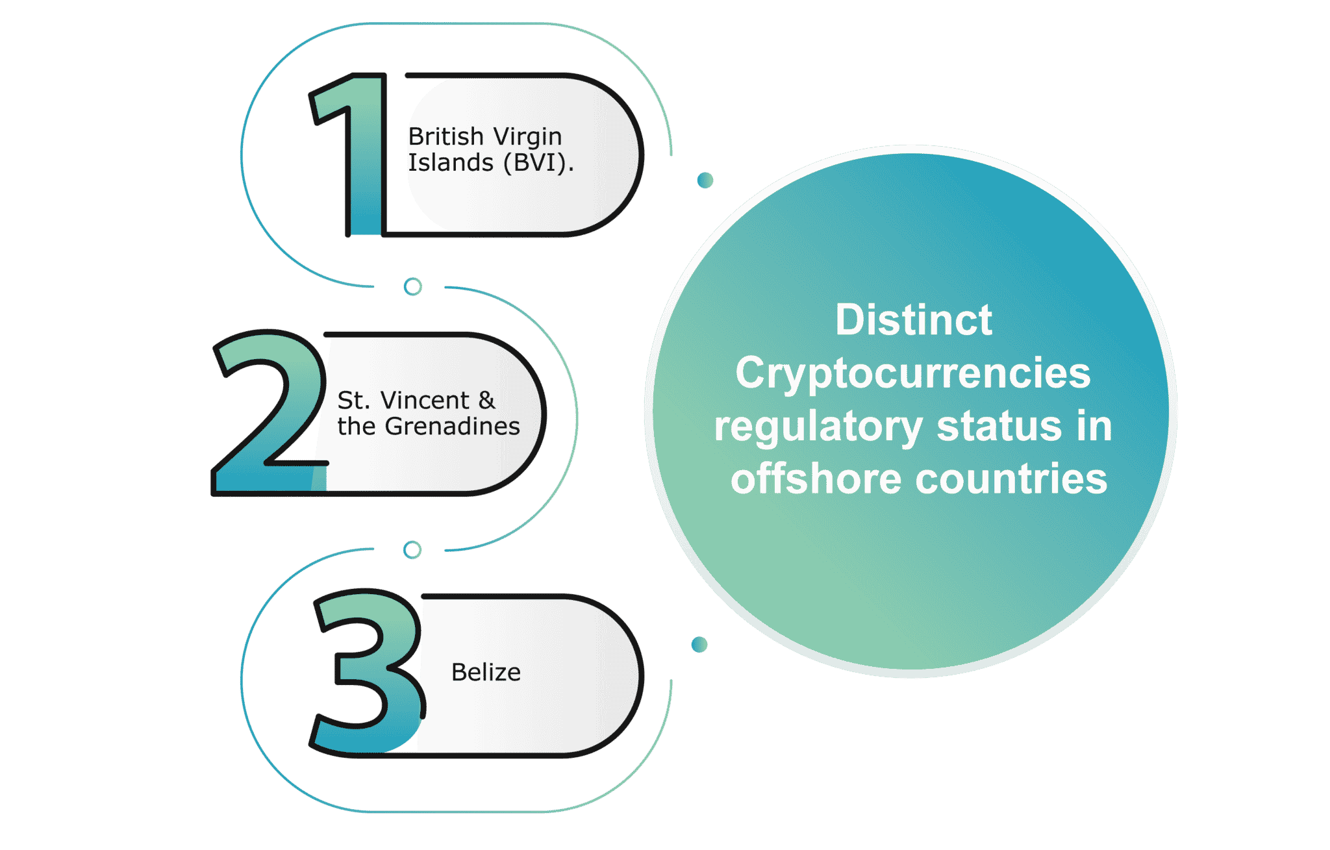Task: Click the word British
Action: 446,136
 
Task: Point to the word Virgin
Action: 527,138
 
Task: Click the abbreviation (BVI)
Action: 538,162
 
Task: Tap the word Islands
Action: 451,162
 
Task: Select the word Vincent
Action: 425,401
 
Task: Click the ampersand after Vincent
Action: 487,401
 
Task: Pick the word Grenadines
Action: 453,427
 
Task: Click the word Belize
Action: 486,672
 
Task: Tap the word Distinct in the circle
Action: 914,319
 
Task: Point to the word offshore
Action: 816,479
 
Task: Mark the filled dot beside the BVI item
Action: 705,180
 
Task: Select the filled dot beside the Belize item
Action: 699,644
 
